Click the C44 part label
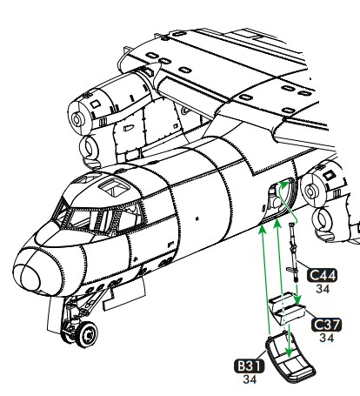(x=322, y=275)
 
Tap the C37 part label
(x=326, y=325)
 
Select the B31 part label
(x=250, y=366)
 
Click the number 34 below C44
(x=323, y=289)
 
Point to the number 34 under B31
(x=250, y=379)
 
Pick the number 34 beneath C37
(x=327, y=338)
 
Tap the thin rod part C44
(x=293, y=252)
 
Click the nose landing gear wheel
(x=87, y=334)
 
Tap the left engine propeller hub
(x=77, y=119)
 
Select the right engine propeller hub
(x=310, y=191)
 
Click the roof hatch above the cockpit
(x=115, y=185)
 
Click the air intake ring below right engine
(x=323, y=221)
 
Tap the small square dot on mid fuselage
(x=197, y=218)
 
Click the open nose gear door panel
(x=124, y=294)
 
